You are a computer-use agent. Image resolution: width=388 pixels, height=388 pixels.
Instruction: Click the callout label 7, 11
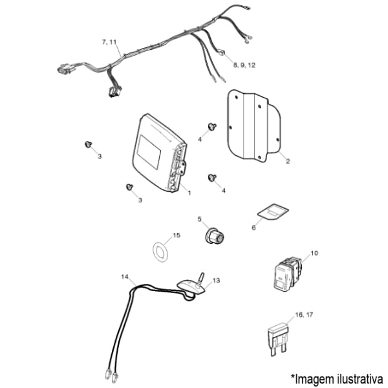[109, 42]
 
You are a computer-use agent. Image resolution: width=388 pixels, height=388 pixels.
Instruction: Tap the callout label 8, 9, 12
[244, 65]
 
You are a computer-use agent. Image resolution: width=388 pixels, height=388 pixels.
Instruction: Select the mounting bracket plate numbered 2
[254, 126]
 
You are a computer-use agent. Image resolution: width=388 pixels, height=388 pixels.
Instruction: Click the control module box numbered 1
[160, 153]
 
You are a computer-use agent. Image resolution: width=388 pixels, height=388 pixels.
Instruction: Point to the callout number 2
[288, 161]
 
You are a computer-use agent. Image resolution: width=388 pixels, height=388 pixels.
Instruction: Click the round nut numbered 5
[214, 236]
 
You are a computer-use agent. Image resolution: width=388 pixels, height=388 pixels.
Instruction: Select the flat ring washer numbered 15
[160, 252]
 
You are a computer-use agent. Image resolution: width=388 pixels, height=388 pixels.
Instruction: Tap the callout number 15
[177, 235]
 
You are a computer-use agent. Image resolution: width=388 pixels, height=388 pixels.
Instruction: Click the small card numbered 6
[273, 212]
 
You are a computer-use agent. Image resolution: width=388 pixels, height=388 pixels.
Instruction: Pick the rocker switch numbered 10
[288, 273]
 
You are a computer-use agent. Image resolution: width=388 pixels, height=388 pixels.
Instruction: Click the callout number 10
[314, 253]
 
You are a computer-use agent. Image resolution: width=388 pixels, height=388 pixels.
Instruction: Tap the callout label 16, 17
[304, 315]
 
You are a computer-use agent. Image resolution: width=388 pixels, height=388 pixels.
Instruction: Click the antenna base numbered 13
[191, 286]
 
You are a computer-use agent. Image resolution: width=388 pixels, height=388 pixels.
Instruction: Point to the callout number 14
[125, 276]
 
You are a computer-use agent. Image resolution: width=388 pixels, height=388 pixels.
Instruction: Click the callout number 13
[216, 281]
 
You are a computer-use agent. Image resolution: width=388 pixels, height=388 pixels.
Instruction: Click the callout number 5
[200, 219]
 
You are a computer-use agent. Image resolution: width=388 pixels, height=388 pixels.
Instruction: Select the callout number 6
[253, 228]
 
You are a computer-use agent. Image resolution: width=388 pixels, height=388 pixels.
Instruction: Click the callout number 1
[189, 193]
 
